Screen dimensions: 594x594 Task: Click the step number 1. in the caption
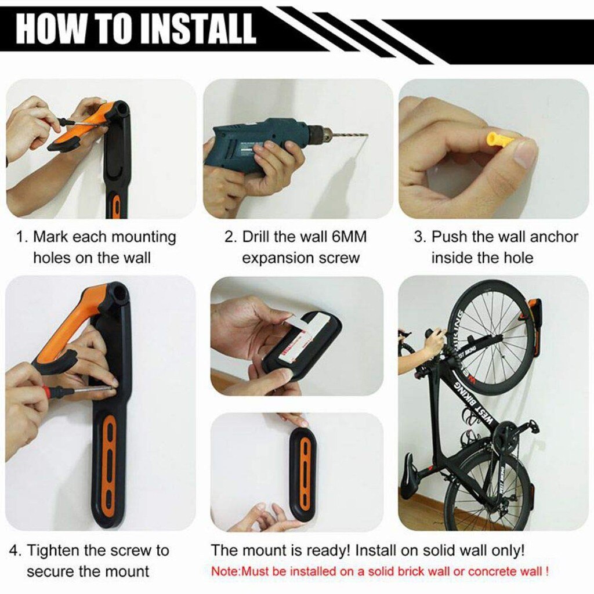click(22, 237)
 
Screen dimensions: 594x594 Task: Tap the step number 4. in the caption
click(16, 550)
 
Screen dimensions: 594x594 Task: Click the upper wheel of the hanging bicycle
click(490, 336)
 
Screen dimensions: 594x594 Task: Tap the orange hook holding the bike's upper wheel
click(533, 310)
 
